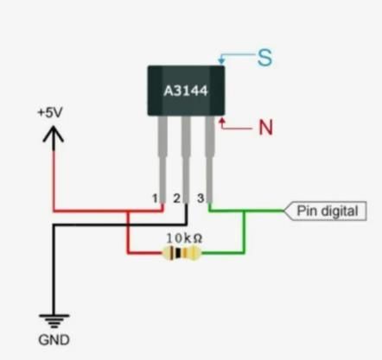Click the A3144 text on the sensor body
click(x=186, y=91)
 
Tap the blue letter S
click(x=264, y=58)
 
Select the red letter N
click(x=265, y=127)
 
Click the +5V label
click(x=50, y=112)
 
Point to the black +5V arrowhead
click(x=54, y=135)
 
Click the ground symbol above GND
click(x=54, y=321)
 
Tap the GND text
click(x=54, y=340)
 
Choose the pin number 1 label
click(x=155, y=199)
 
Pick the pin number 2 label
click(x=176, y=199)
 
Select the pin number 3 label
click(x=201, y=198)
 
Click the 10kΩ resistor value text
click(x=184, y=238)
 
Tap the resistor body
click(x=181, y=253)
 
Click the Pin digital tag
click(x=325, y=211)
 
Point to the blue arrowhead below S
click(x=221, y=60)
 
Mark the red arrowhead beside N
click(x=222, y=121)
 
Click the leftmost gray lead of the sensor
click(x=162, y=160)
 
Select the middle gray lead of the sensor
click(x=186, y=160)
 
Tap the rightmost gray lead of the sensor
click(x=210, y=160)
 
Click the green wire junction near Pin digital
click(x=245, y=212)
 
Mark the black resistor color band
click(x=178, y=253)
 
